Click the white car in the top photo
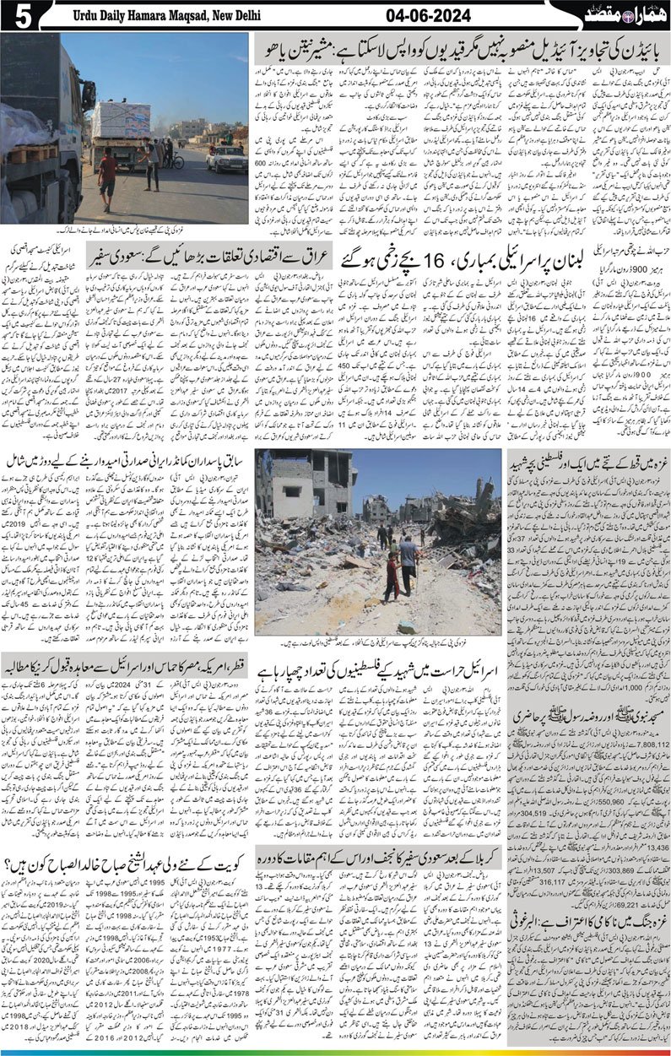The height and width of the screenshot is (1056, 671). (226, 158)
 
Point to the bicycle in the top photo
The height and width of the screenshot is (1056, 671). (173, 160)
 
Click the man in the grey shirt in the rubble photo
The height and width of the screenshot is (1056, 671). (408, 566)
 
